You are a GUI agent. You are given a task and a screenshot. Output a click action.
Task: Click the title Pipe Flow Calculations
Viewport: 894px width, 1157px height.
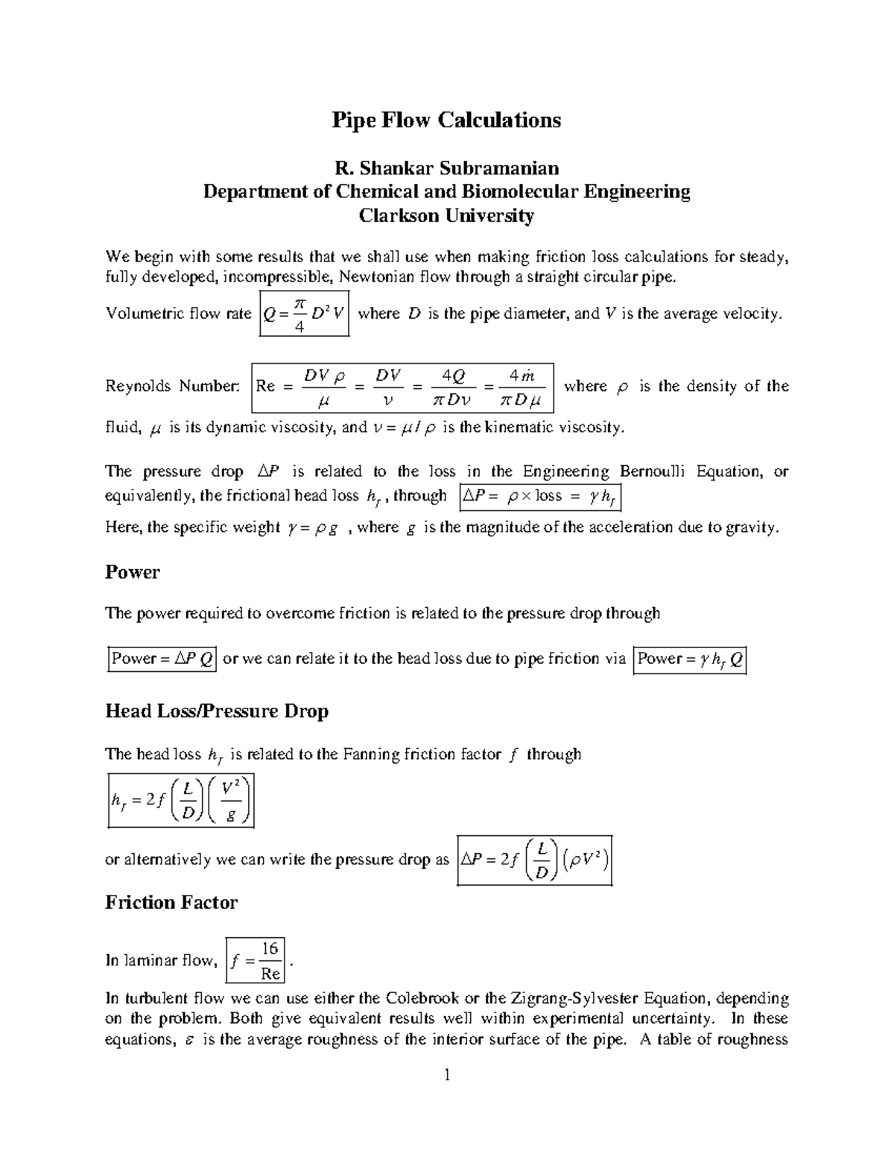[446, 120]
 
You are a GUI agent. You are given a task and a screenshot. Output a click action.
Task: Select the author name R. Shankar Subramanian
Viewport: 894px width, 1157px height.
[446, 168]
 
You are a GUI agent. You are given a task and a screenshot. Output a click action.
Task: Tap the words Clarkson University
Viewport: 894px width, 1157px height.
[446, 216]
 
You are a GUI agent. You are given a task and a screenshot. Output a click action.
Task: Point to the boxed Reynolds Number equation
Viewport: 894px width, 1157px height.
[402, 387]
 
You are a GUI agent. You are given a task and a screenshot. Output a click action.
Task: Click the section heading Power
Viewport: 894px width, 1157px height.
[133, 572]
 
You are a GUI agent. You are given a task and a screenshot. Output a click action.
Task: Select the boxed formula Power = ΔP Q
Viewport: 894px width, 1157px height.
[162, 659]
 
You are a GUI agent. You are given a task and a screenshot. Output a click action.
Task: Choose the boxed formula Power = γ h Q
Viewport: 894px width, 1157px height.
[689, 659]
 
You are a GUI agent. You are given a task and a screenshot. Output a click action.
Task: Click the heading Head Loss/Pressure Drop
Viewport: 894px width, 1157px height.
[217, 711]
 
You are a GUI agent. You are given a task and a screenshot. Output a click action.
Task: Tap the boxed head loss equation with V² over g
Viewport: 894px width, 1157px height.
[181, 800]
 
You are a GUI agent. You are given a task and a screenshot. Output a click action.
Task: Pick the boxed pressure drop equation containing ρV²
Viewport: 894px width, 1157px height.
[534, 860]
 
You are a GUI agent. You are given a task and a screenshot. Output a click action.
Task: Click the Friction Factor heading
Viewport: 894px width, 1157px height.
[171, 902]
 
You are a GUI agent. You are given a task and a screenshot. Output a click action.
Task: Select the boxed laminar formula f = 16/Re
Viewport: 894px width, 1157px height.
[256, 961]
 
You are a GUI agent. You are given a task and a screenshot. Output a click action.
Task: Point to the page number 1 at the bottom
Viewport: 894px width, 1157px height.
[447, 1074]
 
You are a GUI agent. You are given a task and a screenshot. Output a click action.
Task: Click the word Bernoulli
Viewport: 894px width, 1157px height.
[655, 471]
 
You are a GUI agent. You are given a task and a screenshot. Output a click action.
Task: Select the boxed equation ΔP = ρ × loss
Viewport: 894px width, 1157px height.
[540, 496]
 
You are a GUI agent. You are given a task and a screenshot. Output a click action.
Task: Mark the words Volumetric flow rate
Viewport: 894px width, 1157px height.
[179, 314]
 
